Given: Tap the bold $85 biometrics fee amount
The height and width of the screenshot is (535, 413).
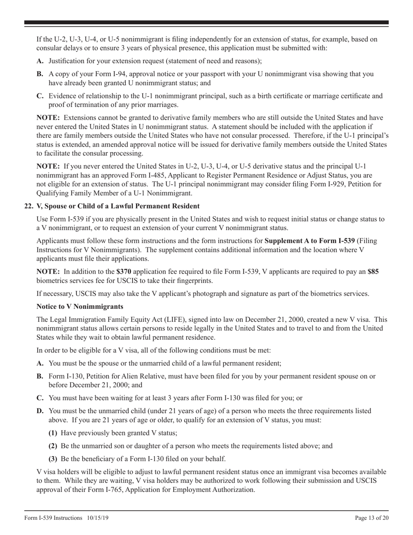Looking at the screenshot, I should coord(373,271).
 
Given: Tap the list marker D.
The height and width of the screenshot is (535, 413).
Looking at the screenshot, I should coord(40,411).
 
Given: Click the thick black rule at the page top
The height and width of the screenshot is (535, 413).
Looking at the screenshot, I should coord(206,22).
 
